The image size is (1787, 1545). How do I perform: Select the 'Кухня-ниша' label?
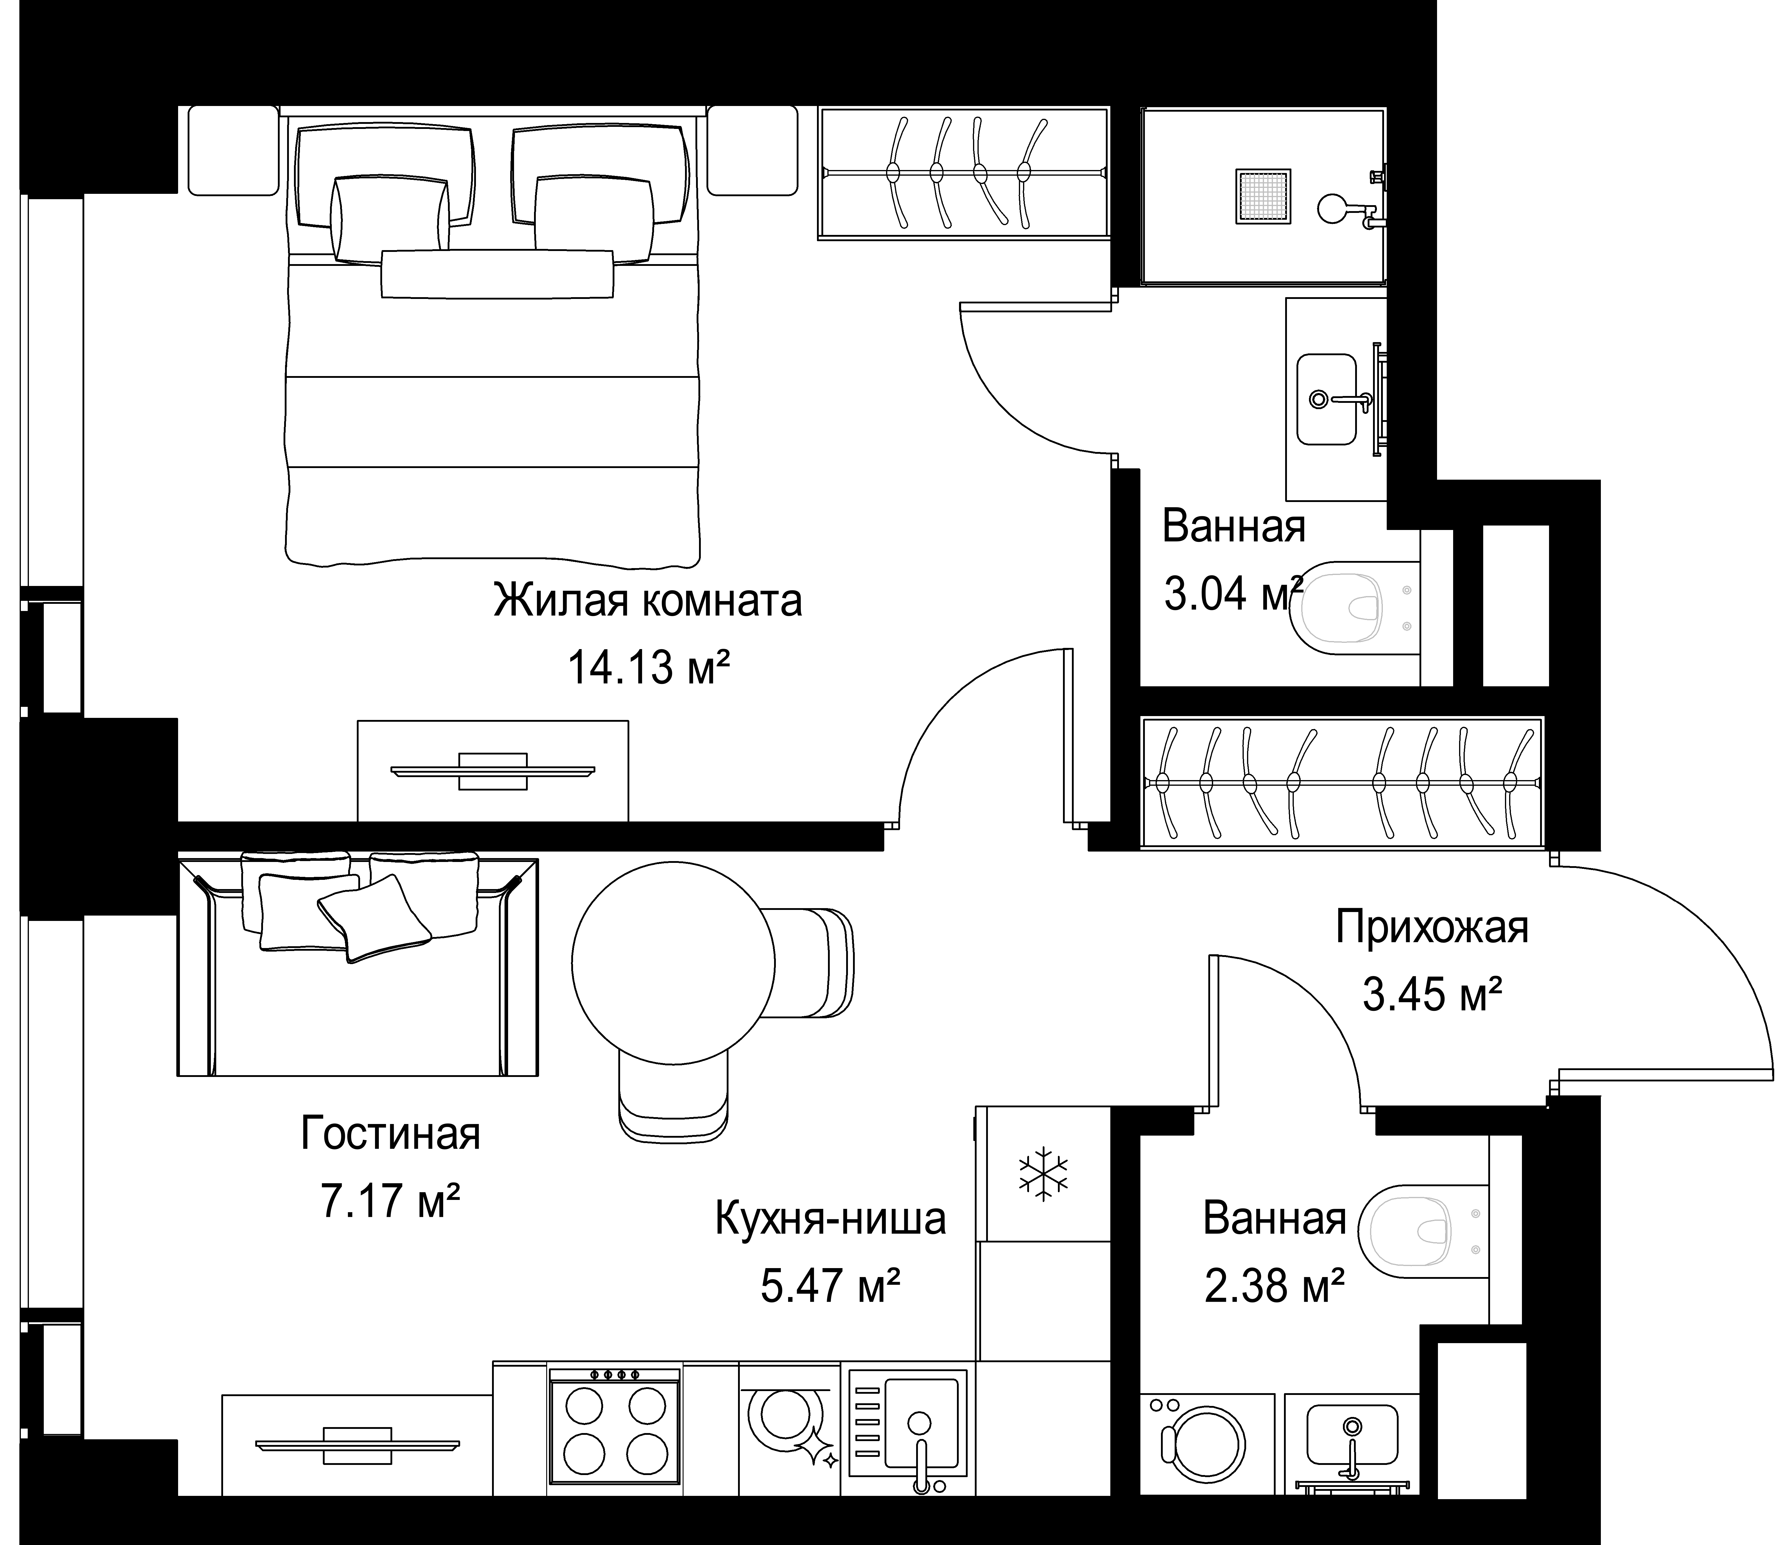[x=831, y=1219]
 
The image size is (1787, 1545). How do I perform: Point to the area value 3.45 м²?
[x=1433, y=995]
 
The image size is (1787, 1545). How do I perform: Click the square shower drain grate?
[x=1263, y=197]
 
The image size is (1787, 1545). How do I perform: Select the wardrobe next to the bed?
[x=963, y=172]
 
